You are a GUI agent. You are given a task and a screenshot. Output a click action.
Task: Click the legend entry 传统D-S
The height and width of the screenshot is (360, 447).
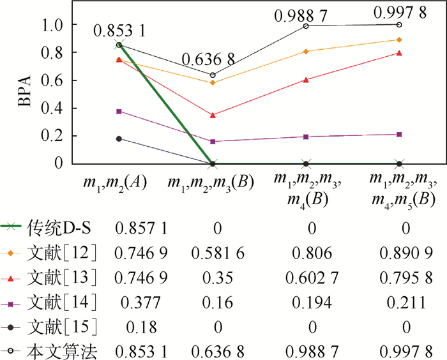pos(61,227)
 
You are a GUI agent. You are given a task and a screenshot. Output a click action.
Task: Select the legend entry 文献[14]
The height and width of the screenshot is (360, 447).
pos(61,301)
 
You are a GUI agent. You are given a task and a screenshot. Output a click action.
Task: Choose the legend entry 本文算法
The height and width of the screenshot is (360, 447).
pos(61,351)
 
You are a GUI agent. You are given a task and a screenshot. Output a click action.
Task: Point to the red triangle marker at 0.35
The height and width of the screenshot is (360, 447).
pos(213,115)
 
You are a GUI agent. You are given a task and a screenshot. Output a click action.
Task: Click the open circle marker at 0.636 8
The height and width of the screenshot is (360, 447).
pos(213,75)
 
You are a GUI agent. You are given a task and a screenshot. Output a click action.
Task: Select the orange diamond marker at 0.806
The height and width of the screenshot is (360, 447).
pos(307,51)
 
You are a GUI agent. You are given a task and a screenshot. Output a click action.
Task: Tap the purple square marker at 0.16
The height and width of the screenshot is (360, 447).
pos(213,141)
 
